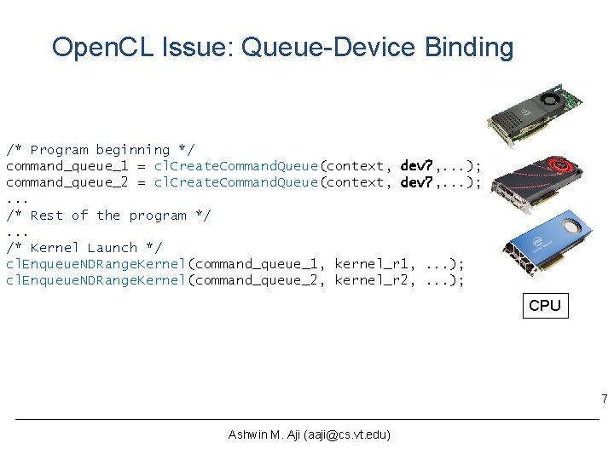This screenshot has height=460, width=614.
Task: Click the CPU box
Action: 545,305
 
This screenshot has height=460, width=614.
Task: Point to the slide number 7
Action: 604,400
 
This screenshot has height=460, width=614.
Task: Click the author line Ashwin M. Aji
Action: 309,435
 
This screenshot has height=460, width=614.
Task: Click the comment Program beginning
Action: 100,150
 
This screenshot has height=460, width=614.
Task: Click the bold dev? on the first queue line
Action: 418,166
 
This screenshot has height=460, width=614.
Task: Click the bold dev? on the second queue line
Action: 418,182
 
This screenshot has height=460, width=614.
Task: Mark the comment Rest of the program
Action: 108,216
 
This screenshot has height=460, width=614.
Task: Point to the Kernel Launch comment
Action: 84,248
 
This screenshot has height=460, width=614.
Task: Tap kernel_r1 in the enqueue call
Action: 371,264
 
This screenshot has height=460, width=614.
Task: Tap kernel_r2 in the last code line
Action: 371,280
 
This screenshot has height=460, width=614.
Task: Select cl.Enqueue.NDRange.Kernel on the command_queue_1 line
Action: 96,264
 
